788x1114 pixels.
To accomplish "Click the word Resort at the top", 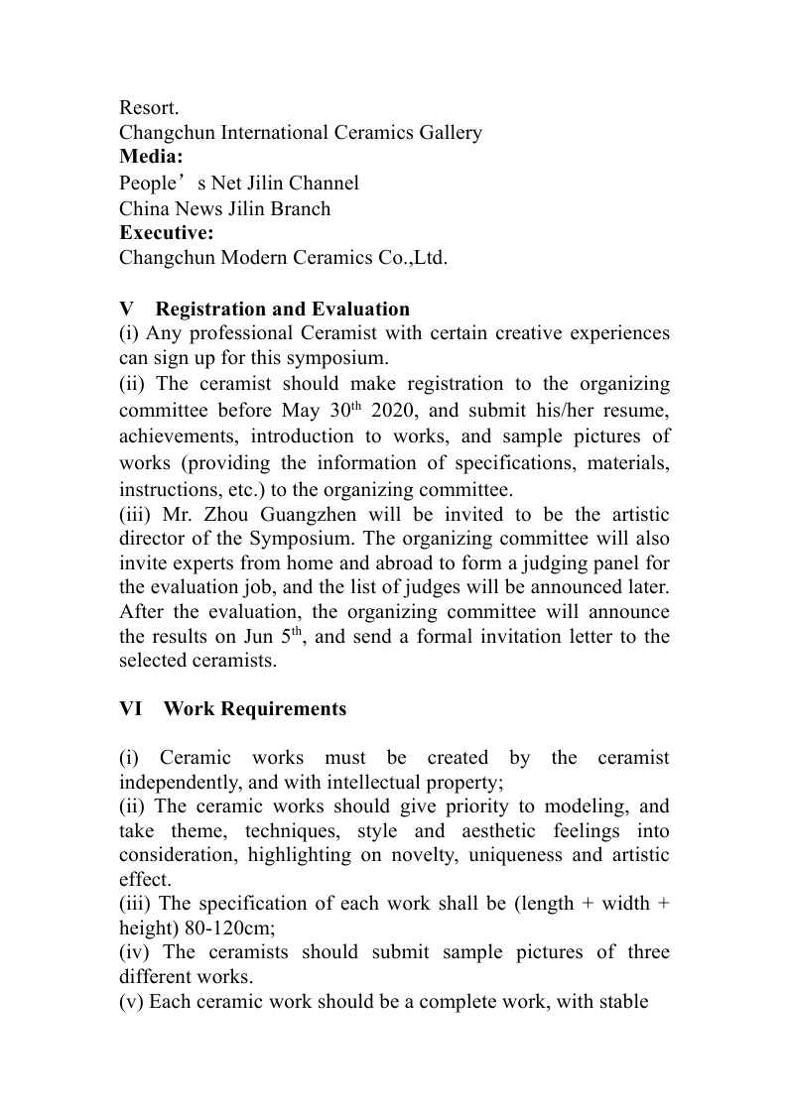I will pos(148,107).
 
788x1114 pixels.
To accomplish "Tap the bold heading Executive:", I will pos(166,233).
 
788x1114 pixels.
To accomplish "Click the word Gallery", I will pos(447,132).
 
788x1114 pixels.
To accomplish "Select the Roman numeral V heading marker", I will pos(126,309).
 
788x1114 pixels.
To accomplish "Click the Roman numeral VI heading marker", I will pos(131,709).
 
